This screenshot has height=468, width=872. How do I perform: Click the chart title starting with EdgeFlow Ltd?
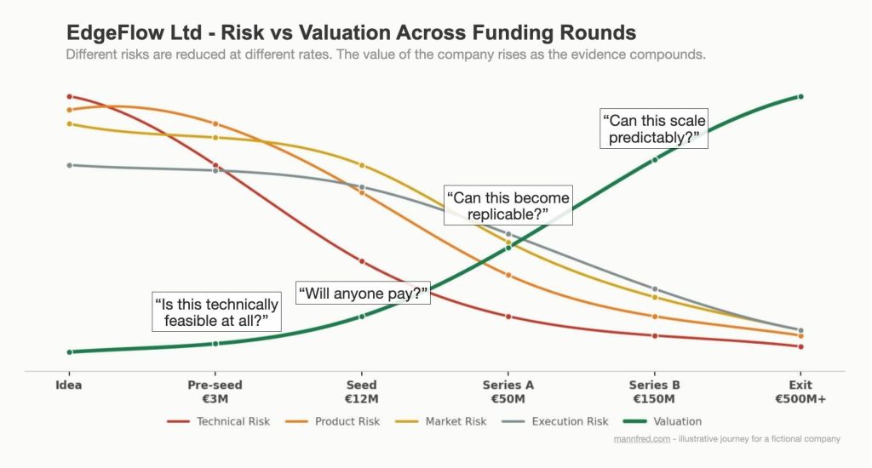tap(351, 33)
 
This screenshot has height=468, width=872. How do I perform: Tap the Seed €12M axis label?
tap(361, 391)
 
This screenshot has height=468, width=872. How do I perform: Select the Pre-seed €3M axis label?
tap(215, 391)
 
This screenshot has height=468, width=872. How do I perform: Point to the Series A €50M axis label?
tap(508, 391)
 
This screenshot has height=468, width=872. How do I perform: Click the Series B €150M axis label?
tap(654, 391)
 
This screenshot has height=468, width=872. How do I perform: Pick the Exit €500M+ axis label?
tap(800, 391)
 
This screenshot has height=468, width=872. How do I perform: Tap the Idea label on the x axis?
tap(68, 385)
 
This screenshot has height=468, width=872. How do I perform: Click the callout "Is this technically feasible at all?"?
tap(216, 312)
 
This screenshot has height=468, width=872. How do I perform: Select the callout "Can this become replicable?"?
tap(508, 206)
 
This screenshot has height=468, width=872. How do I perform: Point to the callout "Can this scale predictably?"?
tap(654, 128)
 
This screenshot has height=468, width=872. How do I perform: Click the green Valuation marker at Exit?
tap(800, 97)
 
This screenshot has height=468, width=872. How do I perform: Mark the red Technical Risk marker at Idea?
tap(69, 97)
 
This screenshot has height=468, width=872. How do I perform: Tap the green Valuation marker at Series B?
tap(655, 159)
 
